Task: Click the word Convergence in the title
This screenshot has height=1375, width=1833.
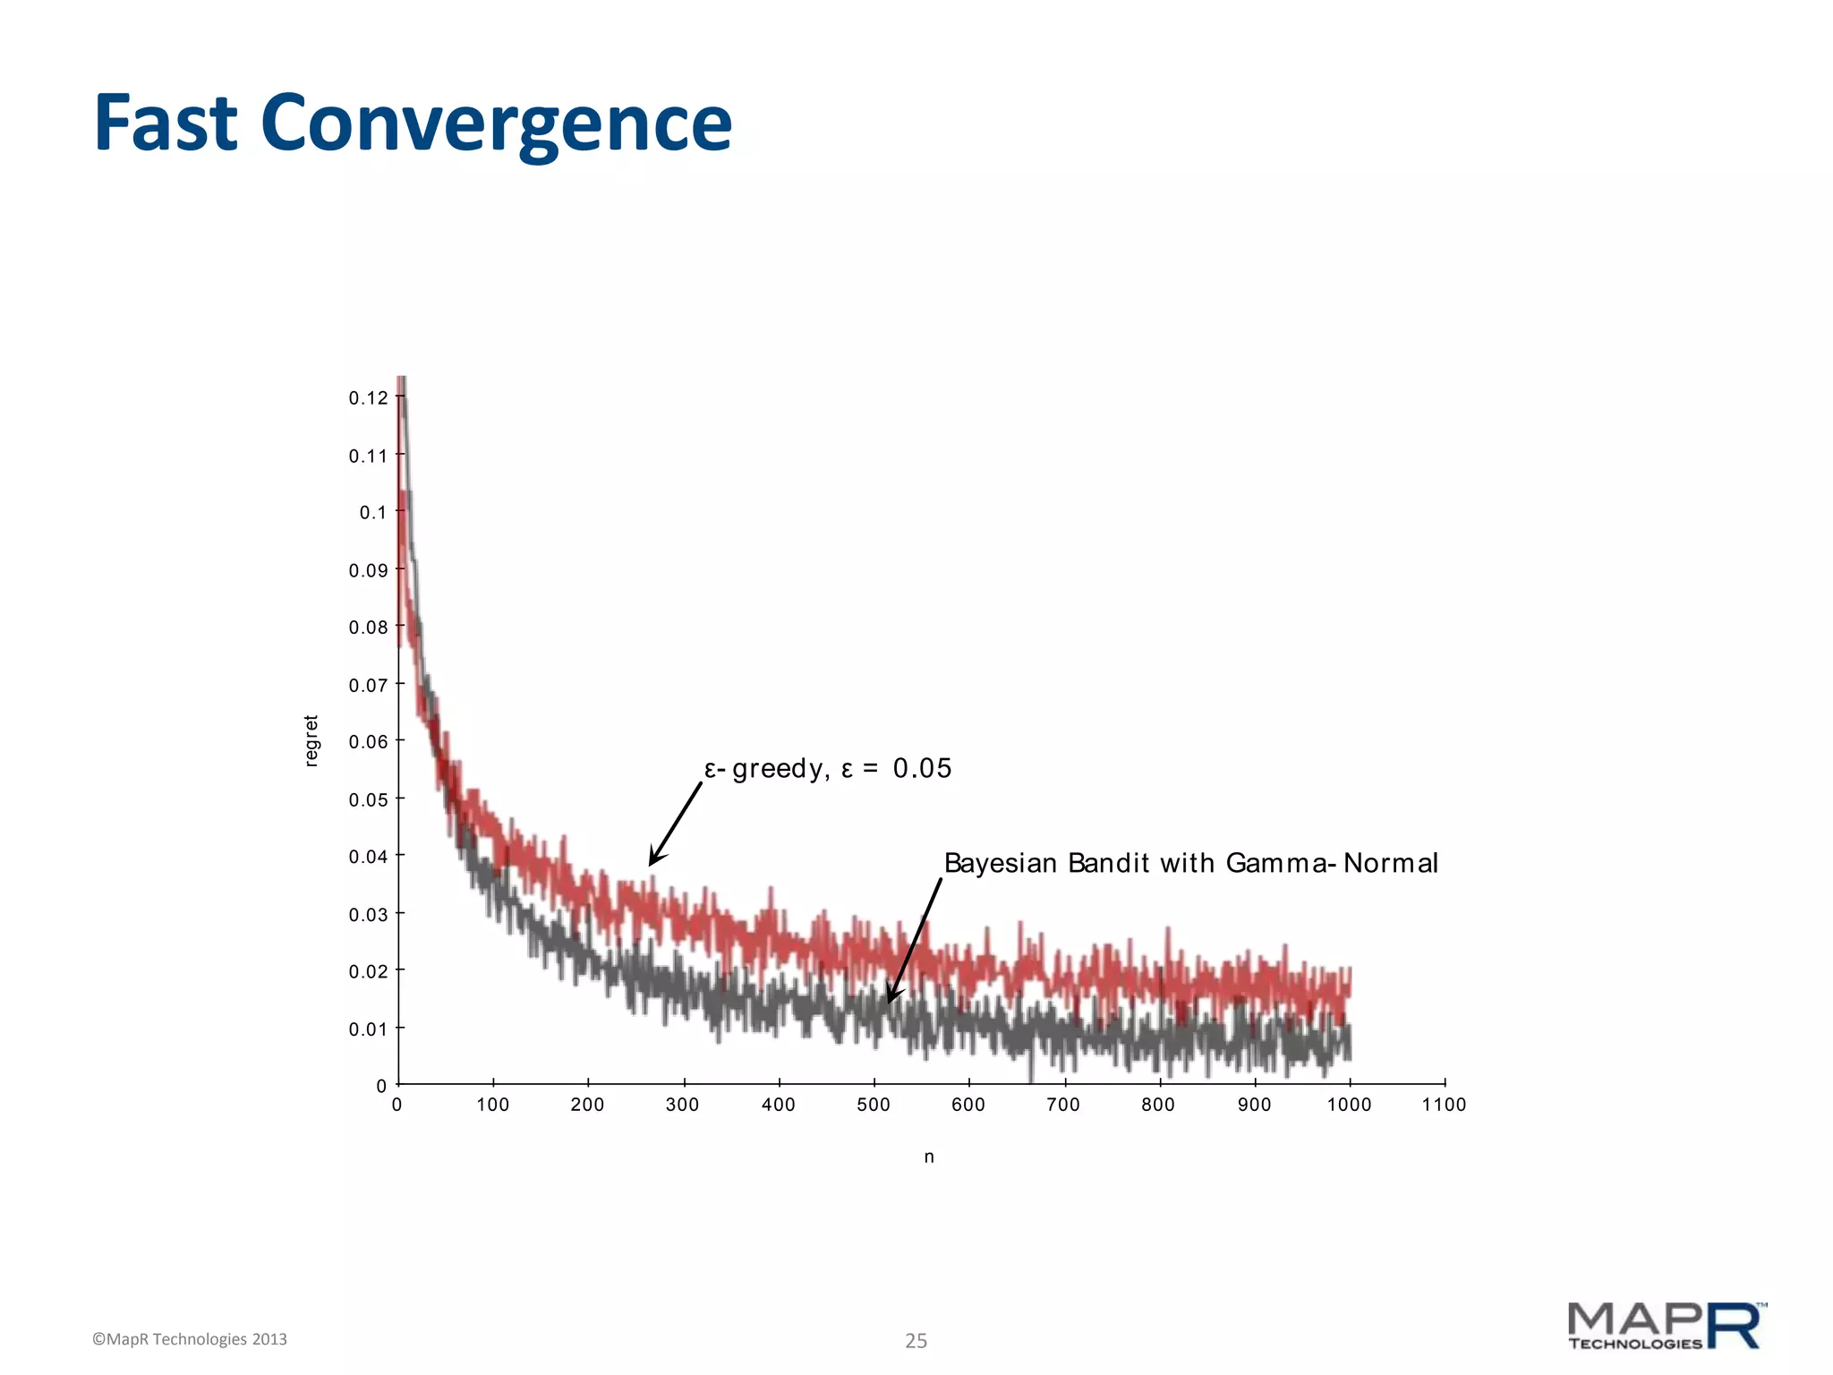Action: point(497,125)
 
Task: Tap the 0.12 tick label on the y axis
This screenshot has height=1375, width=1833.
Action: point(368,398)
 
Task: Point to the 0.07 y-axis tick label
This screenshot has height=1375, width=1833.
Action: point(368,686)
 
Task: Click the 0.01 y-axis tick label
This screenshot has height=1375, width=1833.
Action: point(368,1029)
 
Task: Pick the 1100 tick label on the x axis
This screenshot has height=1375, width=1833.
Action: point(1444,1105)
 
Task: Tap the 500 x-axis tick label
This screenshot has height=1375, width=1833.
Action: point(874,1105)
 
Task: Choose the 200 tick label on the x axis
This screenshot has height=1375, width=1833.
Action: point(588,1105)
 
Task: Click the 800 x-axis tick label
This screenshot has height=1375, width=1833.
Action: point(1158,1105)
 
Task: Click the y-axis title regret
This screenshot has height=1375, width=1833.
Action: point(311,740)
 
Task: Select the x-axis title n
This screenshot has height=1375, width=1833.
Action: point(929,1157)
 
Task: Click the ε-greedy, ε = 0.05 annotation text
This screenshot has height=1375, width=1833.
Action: point(828,768)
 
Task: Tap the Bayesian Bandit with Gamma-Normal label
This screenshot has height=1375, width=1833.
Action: point(1190,863)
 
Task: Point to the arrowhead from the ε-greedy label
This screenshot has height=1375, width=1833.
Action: point(653,860)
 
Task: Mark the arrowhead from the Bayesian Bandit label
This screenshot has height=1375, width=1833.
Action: point(891,997)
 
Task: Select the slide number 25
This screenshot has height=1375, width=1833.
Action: point(916,1340)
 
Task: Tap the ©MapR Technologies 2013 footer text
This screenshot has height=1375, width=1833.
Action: point(190,1339)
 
